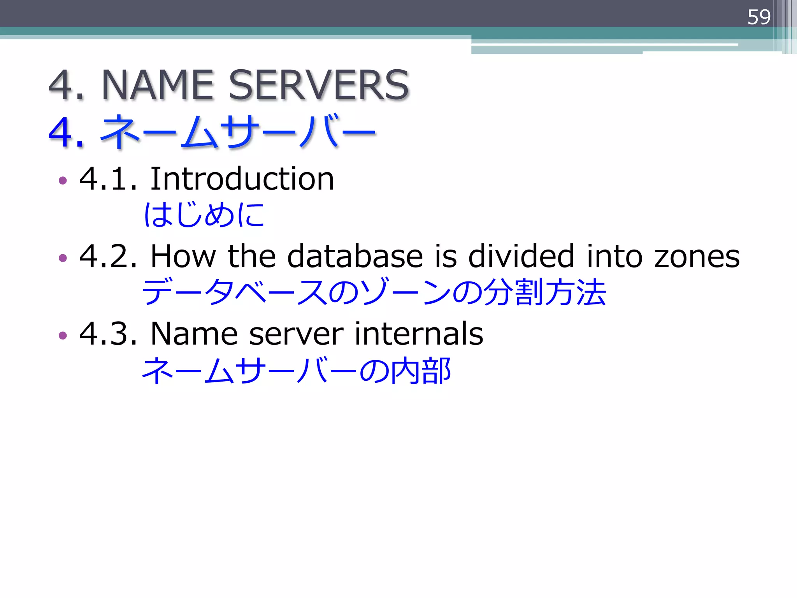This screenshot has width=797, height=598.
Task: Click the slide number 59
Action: pos(758,17)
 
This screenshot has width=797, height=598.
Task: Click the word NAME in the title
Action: pos(158,85)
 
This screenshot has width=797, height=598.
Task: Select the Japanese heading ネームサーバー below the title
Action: pos(237,132)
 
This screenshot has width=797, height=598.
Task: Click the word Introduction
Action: pos(242,179)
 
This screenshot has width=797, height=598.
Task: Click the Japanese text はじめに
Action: pos(204,215)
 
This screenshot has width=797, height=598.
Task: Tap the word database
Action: pos(355,257)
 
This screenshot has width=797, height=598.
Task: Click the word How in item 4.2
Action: pos(183,257)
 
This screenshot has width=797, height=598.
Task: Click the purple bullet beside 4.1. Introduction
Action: pos(63,180)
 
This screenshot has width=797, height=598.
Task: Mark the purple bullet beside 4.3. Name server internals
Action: pos(63,335)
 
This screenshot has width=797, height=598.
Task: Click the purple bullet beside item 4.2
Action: pos(63,258)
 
